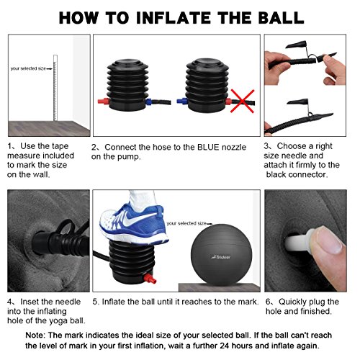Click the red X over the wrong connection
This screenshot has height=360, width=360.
240,102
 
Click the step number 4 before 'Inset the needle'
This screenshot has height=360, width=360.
10,301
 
